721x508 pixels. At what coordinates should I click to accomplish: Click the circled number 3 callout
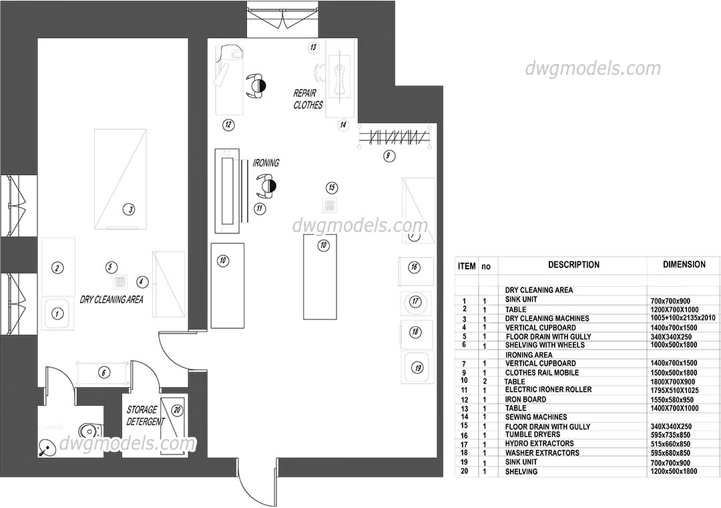coord(130,209)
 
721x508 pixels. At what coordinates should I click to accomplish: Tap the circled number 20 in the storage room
coord(177,410)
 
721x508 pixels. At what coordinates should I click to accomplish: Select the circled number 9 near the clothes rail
coord(389,156)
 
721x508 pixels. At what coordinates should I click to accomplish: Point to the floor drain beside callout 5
coord(120,282)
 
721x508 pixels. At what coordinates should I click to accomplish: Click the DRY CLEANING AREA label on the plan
coord(111,299)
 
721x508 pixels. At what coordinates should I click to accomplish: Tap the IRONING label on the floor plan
coord(266,163)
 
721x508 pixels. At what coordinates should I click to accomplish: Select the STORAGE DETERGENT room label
coord(146,415)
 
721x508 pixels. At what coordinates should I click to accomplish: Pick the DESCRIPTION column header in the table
coord(573,265)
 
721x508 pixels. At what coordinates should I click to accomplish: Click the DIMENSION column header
coord(684,265)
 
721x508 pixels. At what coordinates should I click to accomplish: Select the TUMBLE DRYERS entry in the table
coord(533,434)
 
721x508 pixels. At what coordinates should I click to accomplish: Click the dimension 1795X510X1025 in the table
coord(678,390)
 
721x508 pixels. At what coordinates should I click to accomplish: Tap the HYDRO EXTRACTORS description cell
coord(539,444)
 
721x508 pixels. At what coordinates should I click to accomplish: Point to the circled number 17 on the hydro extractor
coord(415,301)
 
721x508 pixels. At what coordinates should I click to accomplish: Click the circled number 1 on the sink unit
coord(57,312)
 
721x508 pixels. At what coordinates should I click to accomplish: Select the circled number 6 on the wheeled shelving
coord(103,372)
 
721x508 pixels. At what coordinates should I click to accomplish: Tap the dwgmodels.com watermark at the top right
coord(592,69)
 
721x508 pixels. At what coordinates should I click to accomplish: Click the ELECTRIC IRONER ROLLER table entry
coord(548,390)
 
